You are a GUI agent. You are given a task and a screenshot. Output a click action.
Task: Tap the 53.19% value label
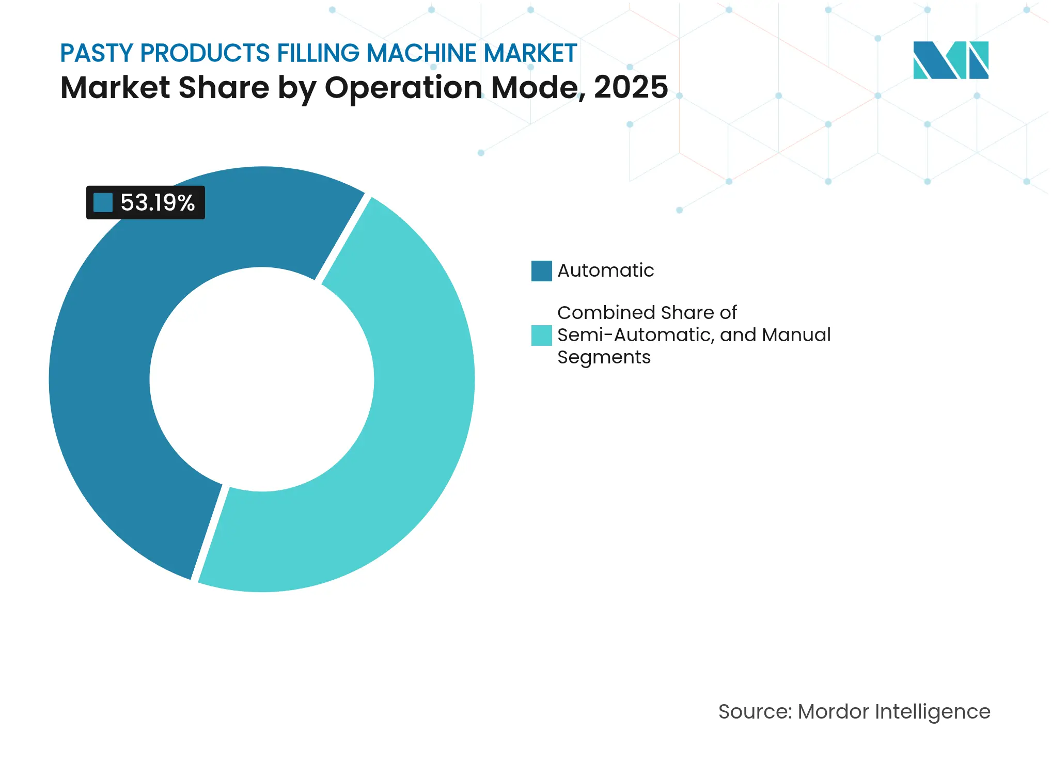pos(157,202)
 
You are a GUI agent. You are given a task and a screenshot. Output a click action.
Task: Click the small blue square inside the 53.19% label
pos(103,202)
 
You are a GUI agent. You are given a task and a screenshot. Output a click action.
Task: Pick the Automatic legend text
pos(605,270)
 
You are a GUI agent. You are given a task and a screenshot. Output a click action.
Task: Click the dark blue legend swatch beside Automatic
pos(541,270)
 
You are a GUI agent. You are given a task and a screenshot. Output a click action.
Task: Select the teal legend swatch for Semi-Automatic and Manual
pos(541,335)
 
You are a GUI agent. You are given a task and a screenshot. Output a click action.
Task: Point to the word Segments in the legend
pos(604,357)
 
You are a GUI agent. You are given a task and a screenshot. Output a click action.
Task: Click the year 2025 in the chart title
pos(631,87)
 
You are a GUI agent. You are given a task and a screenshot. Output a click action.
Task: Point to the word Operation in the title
pos(403,87)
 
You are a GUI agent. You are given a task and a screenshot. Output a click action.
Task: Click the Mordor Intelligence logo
pos(950,60)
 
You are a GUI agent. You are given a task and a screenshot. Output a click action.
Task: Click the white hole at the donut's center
pos(262,379)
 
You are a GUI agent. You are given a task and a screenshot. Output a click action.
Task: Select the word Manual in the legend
pos(796,335)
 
